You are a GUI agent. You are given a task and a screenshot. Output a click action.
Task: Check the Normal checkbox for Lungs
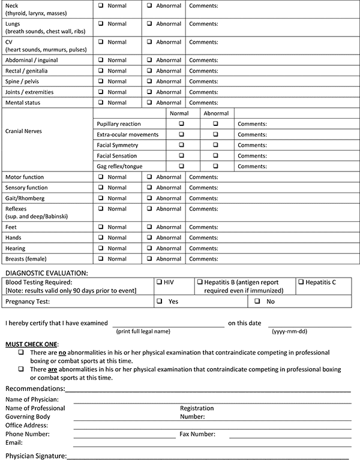click(x=101, y=24)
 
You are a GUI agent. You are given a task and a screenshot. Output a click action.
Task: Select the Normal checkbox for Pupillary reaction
click(x=182, y=123)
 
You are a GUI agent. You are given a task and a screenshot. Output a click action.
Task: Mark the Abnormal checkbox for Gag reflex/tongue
click(x=216, y=165)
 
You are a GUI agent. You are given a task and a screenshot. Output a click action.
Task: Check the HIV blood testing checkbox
click(x=159, y=281)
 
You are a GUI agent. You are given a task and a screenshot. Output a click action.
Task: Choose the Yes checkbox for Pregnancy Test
click(x=160, y=302)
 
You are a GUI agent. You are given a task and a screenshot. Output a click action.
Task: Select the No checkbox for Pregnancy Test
click(x=257, y=302)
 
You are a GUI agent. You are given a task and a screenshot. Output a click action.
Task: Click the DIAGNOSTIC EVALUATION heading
click(x=47, y=272)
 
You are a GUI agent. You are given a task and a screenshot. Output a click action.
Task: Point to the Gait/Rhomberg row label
click(x=25, y=198)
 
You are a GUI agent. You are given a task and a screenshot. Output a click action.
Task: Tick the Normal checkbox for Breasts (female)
click(x=101, y=258)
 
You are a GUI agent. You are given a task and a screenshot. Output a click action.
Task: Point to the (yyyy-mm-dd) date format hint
click(x=290, y=331)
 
